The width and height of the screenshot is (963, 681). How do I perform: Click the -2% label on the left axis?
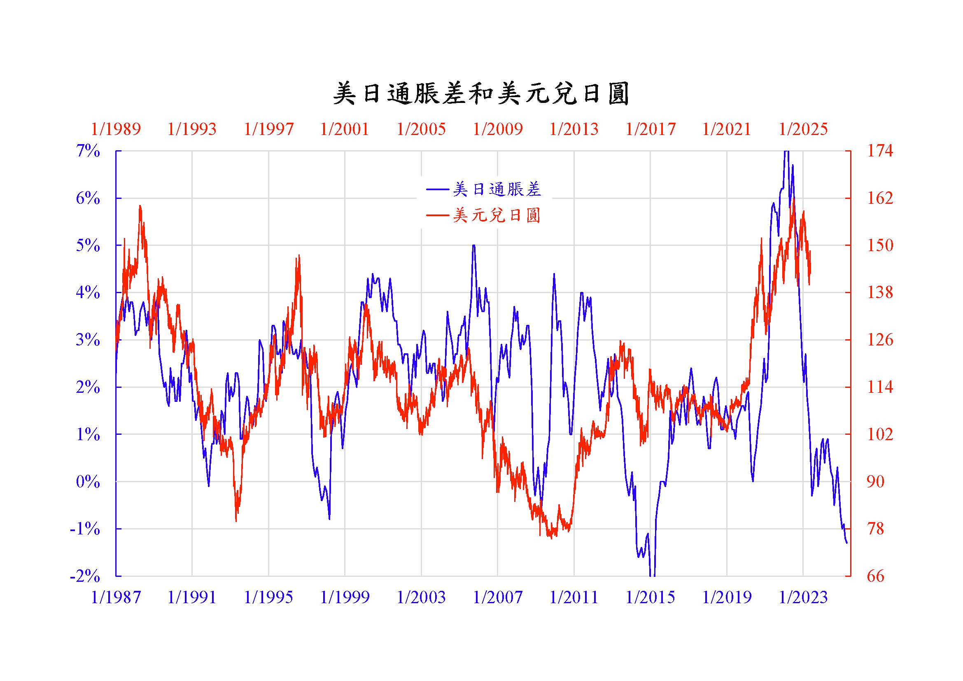coord(85,576)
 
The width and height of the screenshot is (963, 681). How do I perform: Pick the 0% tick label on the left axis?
coord(88,482)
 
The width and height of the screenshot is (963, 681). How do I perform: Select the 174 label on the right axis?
coord(880,151)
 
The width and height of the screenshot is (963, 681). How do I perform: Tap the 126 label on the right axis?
coord(880,340)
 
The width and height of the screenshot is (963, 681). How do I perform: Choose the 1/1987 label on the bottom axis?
coord(116,597)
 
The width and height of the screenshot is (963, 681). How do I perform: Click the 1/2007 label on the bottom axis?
coord(498,597)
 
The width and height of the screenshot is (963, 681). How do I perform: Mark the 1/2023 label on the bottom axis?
coord(803,597)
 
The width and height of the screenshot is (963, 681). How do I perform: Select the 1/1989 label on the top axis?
coord(116,129)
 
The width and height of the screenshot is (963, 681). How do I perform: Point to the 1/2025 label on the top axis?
coord(803,129)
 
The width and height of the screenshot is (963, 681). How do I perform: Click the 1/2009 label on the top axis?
coord(498,129)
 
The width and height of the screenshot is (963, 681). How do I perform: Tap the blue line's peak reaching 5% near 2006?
coord(473,246)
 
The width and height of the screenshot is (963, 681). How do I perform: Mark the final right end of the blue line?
coord(847,543)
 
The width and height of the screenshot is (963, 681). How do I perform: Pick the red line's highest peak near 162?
coord(794,198)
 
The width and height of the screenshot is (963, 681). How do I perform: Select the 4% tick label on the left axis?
coord(88,293)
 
